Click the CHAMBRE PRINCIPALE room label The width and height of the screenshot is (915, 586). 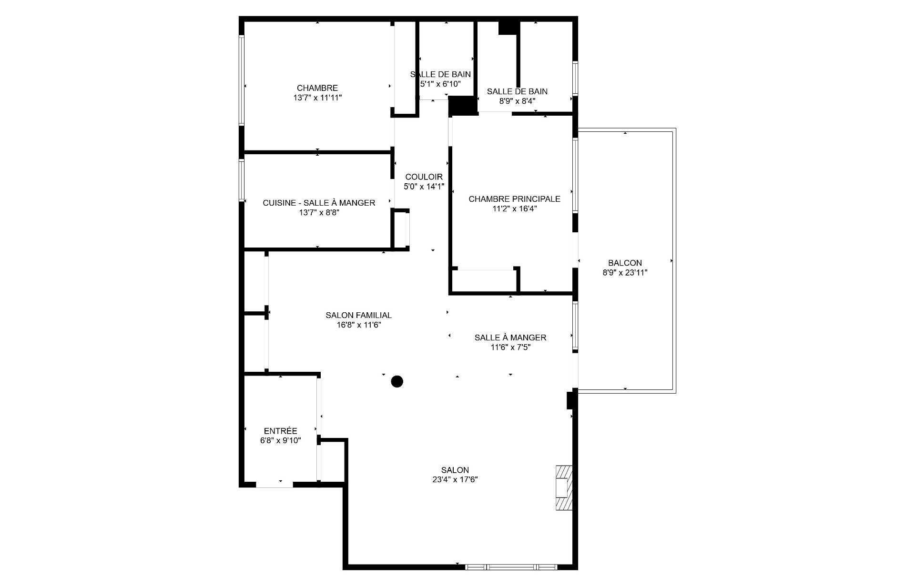pyautogui.click(x=514, y=199)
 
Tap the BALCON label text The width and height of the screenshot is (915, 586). pyautogui.click(x=625, y=263)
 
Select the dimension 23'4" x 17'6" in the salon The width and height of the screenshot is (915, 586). pyautogui.click(x=455, y=480)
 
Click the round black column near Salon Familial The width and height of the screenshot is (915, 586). pyautogui.click(x=397, y=381)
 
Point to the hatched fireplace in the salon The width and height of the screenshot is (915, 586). pyautogui.click(x=564, y=488)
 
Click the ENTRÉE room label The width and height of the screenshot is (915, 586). pyautogui.click(x=280, y=431)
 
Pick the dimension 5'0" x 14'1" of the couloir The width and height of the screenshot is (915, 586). pyautogui.click(x=424, y=187)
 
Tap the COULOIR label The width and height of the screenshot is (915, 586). pyautogui.click(x=424, y=177)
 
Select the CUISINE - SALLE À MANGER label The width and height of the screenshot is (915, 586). pyautogui.click(x=319, y=203)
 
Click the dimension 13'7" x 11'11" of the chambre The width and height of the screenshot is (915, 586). pyautogui.click(x=317, y=98)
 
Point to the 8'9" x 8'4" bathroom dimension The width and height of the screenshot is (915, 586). pyautogui.click(x=517, y=101)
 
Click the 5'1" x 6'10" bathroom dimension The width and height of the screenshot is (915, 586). pyautogui.click(x=440, y=84)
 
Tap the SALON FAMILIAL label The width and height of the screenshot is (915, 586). pyautogui.click(x=358, y=315)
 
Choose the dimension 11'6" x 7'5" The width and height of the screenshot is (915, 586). pyautogui.click(x=510, y=347)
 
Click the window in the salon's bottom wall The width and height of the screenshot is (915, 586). pyautogui.click(x=511, y=567)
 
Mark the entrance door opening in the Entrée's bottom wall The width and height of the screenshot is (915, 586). pyautogui.click(x=274, y=485)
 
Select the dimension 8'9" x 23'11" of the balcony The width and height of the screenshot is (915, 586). pyautogui.click(x=625, y=273)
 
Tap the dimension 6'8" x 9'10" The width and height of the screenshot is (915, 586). pyautogui.click(x=280, y=441)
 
